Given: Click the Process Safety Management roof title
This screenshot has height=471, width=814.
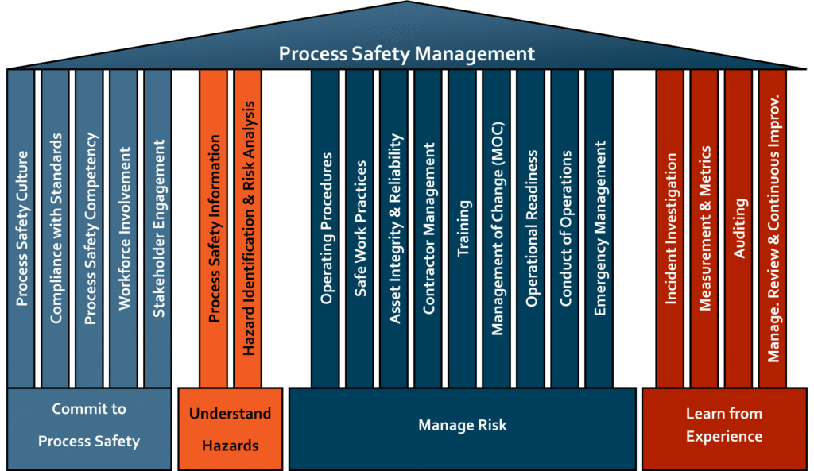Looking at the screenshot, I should (x=406, y=54).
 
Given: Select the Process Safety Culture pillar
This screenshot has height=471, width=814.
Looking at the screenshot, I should (x=21, y=228).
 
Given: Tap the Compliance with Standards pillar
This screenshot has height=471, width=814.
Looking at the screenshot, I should (x=56, y=228).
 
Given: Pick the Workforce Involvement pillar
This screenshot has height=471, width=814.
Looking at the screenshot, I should (x=124, y=228).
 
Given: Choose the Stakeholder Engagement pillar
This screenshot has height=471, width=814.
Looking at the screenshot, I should (x=158, y=228).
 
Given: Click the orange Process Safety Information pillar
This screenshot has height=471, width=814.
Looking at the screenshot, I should (x=214, y=228).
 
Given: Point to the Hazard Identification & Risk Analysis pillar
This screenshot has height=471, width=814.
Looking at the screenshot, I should (x=248, y=228).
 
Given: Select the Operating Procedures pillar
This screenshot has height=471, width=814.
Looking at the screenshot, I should (x=326, y=228).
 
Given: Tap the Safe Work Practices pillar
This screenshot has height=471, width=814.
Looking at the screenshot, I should (x=360, y=228).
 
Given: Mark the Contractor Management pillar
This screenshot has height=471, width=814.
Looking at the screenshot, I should (x=428, y=228).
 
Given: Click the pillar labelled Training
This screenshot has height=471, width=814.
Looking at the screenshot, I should (x=463, y=228).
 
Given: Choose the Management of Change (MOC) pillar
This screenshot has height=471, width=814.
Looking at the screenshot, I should (x=497, y=228).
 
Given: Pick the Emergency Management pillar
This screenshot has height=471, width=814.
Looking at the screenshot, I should (x=600, y=228).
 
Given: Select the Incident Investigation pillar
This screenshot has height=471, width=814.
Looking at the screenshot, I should (x=671, y=228).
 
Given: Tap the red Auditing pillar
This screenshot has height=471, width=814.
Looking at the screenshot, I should (x=739, y=228).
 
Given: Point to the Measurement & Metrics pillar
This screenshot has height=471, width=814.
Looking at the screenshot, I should (x=705, y=228).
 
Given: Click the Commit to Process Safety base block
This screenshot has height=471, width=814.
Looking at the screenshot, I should (x=89, y=426).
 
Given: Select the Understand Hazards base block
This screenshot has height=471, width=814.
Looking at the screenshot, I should (x=230, y=429).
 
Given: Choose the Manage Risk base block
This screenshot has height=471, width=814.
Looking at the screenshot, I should (x=462, y=426).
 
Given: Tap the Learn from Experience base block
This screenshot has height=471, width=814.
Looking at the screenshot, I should (x=723, y=426).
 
